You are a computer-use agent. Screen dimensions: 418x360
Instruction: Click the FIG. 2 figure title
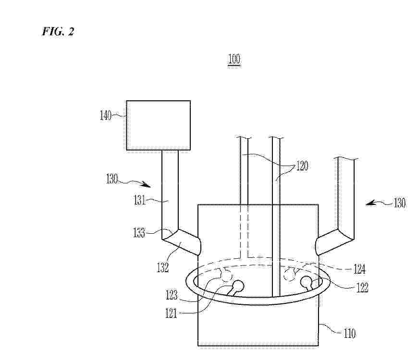tap(58, 31)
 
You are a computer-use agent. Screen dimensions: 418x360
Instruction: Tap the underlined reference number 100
tap(234, 60)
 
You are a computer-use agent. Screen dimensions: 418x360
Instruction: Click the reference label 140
tap(106, 116)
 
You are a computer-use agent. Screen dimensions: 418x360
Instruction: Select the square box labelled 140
tap(158, 125)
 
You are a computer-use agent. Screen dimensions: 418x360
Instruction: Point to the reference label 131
tap(139, 200)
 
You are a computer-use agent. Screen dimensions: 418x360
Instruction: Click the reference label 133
tap(139, 233)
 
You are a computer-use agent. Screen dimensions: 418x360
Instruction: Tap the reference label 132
tap(163, 267)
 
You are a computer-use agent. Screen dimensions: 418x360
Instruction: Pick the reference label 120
tap(302, 166)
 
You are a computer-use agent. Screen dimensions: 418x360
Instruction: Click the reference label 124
tap(359, 269)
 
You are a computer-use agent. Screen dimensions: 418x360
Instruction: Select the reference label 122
tap(362, 288)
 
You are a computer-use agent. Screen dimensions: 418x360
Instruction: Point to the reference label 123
tap(172, 295)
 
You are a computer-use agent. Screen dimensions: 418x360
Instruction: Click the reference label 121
tap(171, 313)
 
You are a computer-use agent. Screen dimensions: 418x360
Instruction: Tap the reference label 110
tap(349, 333)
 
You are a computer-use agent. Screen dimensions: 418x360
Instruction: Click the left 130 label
tap(112, 179)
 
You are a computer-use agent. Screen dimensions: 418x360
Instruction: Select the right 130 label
tap(399, 203)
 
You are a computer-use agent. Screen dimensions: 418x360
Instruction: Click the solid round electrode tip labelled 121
tap(238, 286)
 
